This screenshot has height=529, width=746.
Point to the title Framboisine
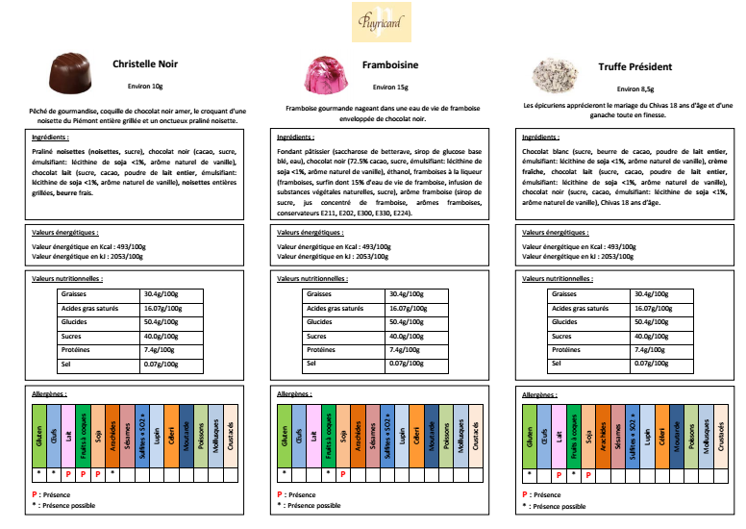[x=389, y=67]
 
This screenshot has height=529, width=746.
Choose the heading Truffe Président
[x=635, y=67]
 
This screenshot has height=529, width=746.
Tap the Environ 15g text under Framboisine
[x=389, y=88]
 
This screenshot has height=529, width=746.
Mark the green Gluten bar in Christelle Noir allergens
[x=39, y=436]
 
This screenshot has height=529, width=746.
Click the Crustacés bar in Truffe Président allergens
[x=723, y=436]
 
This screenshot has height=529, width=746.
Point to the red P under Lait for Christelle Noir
[x=69, y=474]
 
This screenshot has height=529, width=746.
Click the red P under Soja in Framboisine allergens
[x=343, y=474]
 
